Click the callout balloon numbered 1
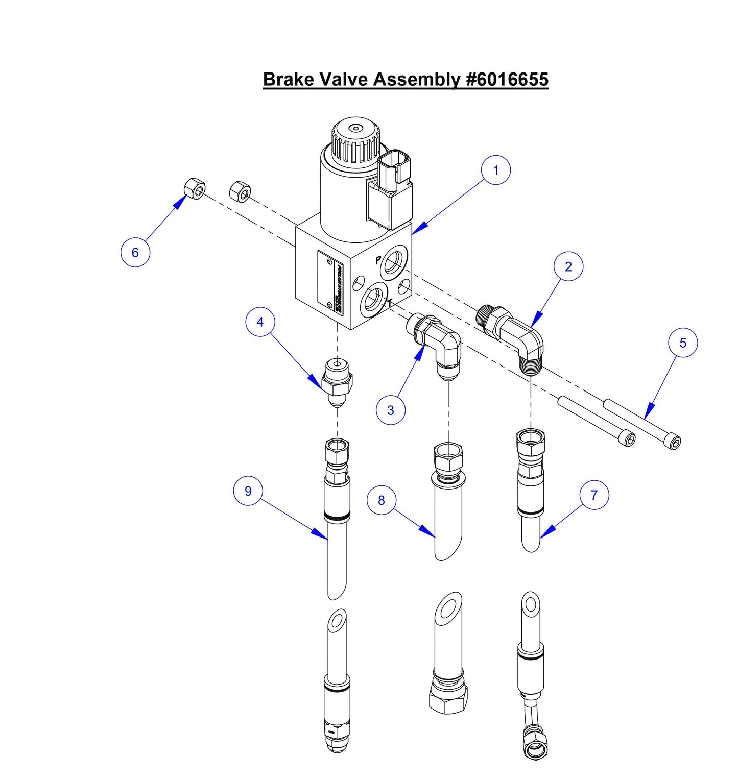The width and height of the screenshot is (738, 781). pyautogui.click(x=495, y=170)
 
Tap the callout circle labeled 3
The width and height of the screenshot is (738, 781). pyautogui.click(x=391, y=410)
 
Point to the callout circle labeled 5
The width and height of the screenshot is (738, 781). pyautogui.click(x=683, y=343)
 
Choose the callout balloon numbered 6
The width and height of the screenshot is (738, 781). pyautogui.click(x=135, y=252)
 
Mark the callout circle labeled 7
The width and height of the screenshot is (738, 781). pyautogui.click(x=594, y=495)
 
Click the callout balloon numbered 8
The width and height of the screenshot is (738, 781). pyautogui.click(x=382, y=500)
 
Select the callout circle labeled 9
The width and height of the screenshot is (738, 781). pyautogui.click(x=248, y=491)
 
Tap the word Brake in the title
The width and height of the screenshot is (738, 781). pyautogui.click(x=289, y=80)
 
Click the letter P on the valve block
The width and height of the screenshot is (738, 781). pyautogui.click(x=378, y=260)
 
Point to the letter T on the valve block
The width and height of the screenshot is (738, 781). pyautogui.click(x=390, y=303)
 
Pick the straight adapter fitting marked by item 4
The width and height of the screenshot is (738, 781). pyautogui.click(x=337, y=383)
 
